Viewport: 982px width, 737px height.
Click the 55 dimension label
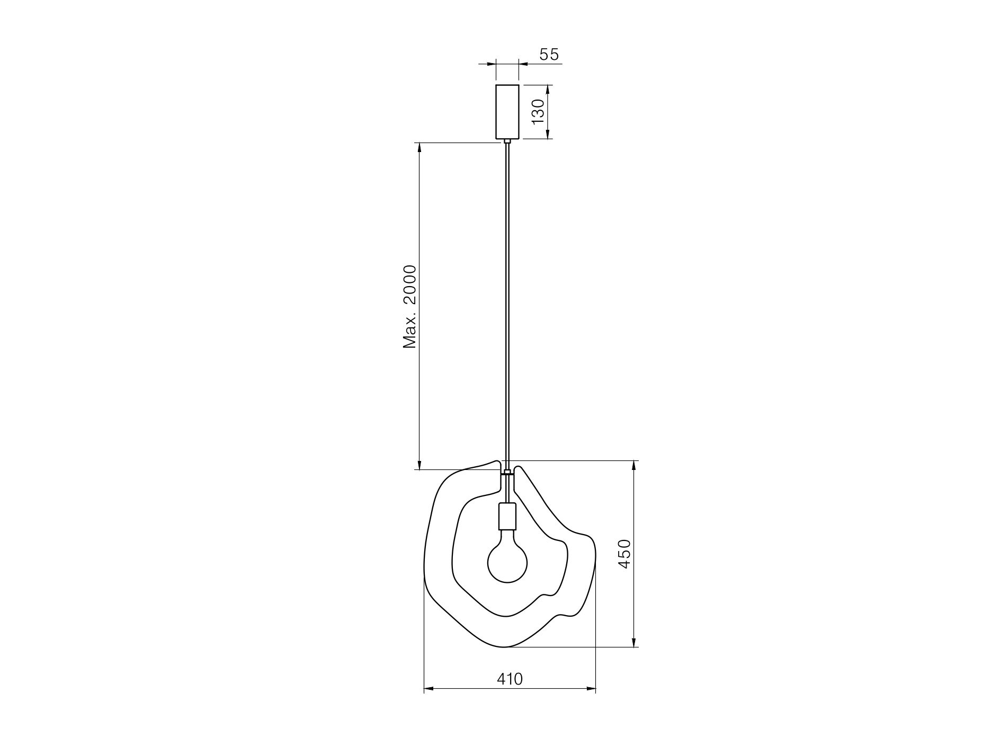pyautogui.click(x=549, y=54)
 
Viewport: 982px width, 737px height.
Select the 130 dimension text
pyautogui.click(x=537, y=111)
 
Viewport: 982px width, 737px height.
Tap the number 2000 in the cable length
pyautogui.click(x=410, y=285)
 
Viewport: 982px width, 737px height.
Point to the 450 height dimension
pyautogui.click(x=625, y=554)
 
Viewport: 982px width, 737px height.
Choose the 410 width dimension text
pyautogui.click(x=510, y=679)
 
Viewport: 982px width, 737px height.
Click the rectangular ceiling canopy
pyautogui.click(x=507, y=111)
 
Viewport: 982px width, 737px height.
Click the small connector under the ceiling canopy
pyautogui.click(x=507, y=141)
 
